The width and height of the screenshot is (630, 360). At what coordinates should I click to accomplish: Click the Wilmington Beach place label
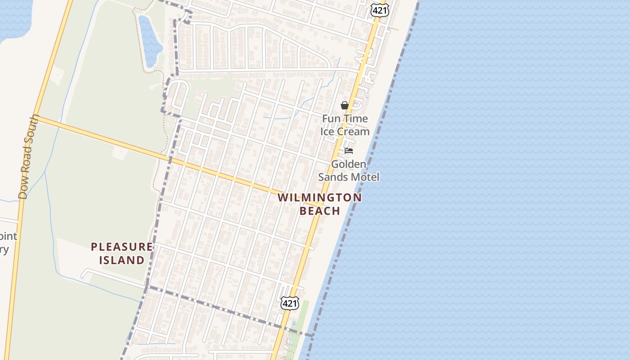319,204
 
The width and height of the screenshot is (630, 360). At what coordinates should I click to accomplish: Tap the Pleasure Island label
122,253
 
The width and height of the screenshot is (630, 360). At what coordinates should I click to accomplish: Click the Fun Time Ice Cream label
345,125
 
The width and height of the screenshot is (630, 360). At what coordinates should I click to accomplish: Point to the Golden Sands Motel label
349,171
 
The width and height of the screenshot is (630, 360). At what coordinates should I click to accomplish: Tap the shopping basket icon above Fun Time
345,105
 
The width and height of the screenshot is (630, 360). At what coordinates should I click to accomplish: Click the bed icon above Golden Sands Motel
349,151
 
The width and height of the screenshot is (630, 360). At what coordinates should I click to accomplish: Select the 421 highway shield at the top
380,10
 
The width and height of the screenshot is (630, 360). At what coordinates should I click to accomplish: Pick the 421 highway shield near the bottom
289,303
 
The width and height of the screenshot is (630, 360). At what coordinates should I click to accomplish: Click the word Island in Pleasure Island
122,260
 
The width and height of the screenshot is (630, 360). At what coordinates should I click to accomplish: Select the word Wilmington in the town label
319,198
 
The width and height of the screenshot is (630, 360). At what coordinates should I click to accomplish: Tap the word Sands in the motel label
333,177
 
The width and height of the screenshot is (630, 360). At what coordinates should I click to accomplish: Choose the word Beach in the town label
319,211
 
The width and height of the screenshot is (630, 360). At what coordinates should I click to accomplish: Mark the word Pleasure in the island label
122,247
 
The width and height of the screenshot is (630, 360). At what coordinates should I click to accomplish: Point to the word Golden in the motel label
349,164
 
